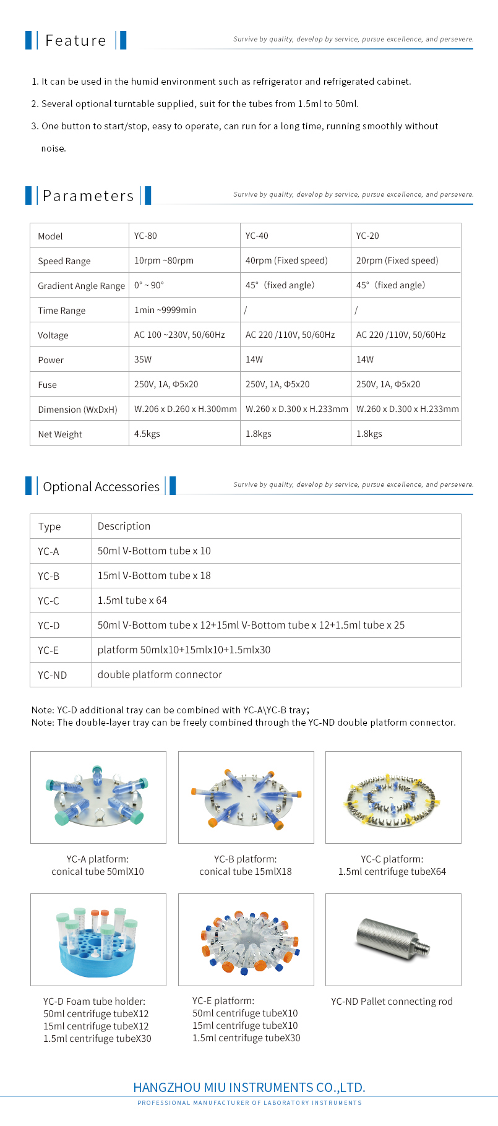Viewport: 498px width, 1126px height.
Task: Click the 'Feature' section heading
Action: [x=75, y=41]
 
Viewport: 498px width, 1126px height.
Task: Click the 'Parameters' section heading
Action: [x=88, y=196]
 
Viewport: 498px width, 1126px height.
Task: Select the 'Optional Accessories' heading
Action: [x=101, y=487]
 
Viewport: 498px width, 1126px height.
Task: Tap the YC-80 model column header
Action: [x=145, y=236]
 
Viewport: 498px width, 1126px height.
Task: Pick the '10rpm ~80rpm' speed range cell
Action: [x=163, y=260]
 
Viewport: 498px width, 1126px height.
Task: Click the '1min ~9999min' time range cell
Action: [x=165, y=310]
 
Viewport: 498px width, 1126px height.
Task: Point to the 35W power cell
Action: [x=143, y=359]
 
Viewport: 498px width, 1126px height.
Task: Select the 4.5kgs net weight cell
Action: [x=147, y=434]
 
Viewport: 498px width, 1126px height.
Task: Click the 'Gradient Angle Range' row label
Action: [x=81, y=286]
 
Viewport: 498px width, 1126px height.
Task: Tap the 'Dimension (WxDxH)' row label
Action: [x=77, y=410]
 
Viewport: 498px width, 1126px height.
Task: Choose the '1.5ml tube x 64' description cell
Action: [x=132, y=600]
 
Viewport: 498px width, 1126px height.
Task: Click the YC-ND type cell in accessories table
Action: [x=52, y=675]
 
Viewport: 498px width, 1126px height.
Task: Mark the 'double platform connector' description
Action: [x=160, y=674]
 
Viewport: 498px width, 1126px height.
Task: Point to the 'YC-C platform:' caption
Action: [x=392, y=859]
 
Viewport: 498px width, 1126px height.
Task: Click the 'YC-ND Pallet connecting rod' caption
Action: [x=392, y=1001]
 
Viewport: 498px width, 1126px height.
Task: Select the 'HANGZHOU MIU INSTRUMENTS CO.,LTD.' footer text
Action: [x=249, y=1088]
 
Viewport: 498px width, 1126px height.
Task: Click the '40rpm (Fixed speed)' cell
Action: [x=286, y=260]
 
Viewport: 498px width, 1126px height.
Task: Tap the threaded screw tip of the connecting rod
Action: [x=425, y=947]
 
